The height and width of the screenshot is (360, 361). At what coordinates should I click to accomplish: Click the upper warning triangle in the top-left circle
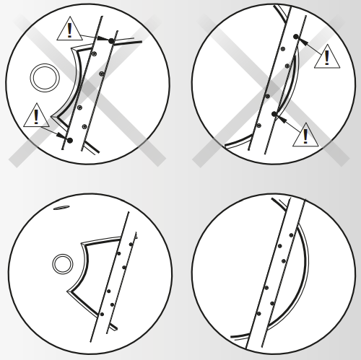(x=70, y=30)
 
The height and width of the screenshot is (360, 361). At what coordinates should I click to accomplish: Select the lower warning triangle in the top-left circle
(x=36, y=116)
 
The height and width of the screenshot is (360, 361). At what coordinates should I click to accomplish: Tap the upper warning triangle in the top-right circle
(x=326, y=57)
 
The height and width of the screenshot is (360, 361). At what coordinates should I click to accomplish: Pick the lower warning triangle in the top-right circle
(x=305, y=135)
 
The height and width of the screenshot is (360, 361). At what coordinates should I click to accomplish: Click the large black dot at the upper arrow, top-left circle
(x=110, y=41)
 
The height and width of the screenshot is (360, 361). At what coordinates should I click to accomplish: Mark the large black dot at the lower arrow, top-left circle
(x=70, y=139)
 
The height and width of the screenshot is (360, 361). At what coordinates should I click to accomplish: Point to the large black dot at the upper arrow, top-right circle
(x=296, y=36)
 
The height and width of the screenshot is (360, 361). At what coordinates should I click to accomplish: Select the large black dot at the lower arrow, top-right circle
(x=274, y=114)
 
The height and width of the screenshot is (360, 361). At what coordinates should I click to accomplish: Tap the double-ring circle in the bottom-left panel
(x=63, y=263)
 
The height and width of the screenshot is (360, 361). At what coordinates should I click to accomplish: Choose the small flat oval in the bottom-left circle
(x=61, y=208)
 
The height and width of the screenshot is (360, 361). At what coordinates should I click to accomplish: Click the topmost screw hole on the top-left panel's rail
(x=95, y=54)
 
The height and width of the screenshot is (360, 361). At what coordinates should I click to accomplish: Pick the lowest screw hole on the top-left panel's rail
(x=84, y=127)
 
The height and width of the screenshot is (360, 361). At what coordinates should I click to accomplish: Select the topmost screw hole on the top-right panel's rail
(x=282, y=49)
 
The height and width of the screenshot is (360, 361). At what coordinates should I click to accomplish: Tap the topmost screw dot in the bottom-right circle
(x=292, y=235)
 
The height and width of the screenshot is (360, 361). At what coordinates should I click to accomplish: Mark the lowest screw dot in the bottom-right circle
(x=258, y=313)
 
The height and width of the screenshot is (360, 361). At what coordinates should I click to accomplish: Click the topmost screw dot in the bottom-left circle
(x=131, y=244)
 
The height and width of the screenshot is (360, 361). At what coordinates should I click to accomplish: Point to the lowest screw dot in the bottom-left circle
(x=102, y=314)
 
